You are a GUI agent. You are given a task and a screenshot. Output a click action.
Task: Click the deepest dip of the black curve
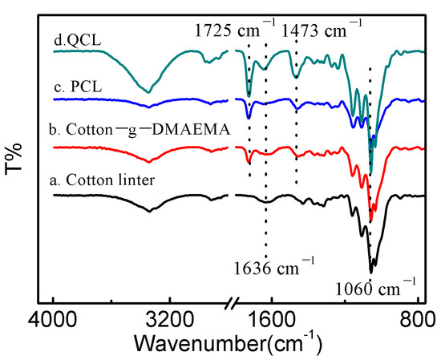tap(371, 271)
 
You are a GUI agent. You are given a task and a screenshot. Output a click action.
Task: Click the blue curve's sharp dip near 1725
tap(249, 117)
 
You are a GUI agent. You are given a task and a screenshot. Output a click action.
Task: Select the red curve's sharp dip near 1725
tap(249, 163)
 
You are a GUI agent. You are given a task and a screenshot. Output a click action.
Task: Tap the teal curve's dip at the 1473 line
tap(296, 77)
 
